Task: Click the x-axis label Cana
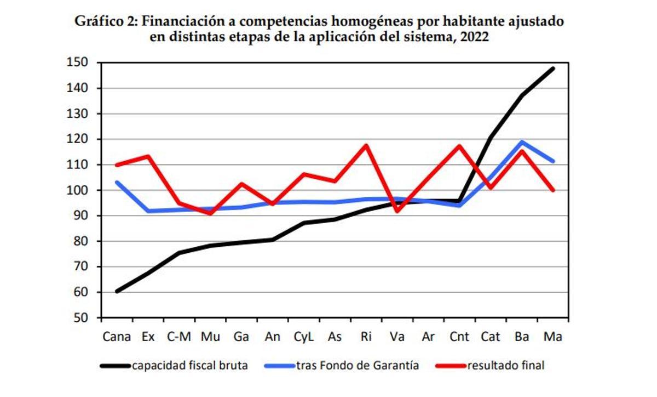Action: tap(117, 337)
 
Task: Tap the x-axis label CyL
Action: tap(304, 337)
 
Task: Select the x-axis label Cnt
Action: tap(459, 337)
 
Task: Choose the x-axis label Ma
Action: tap(553, 337)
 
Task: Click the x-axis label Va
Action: tap(397, 337)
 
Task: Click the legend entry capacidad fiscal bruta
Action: tap(189, 365)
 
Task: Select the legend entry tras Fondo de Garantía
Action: tap(358, 365)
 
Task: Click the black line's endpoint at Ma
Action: tap(554, 68)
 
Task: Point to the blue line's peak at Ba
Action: tap(522, 142)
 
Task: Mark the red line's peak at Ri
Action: tap(366, 145)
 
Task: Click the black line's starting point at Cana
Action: tap(117, 291)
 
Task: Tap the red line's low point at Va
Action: tap(397, 211)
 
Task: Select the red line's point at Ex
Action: tap(148, 156)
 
